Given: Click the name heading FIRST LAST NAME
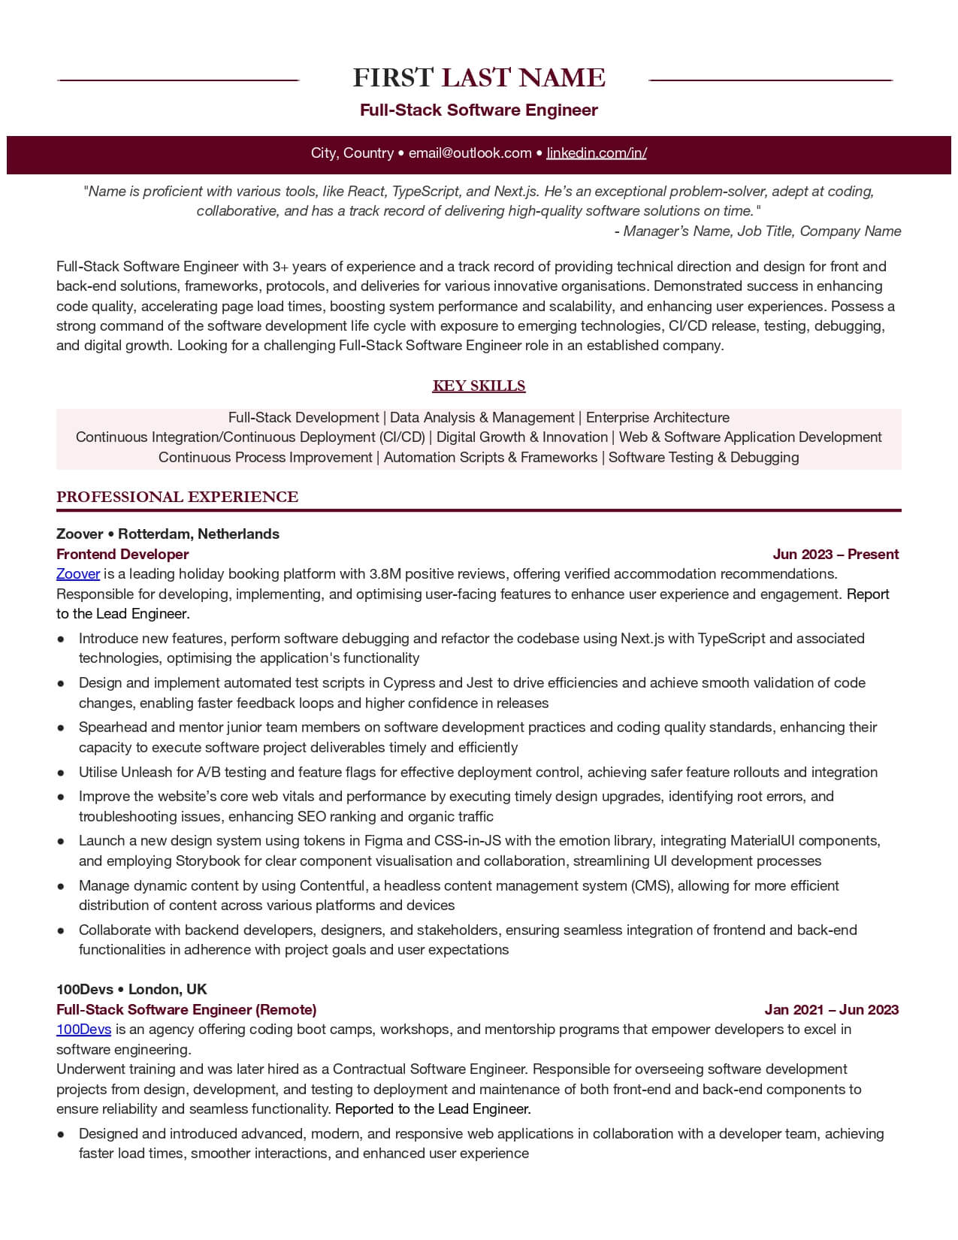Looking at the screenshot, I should [479, 77].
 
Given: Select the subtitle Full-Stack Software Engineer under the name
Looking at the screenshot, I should [479, 110].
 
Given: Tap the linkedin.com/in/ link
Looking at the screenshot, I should [597, 153].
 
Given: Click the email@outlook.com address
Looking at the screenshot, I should [470, 153].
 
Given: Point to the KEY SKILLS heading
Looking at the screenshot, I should [479, 386].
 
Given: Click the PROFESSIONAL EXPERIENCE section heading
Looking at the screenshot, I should [177, 497].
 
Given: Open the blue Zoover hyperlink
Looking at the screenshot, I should [78, 574].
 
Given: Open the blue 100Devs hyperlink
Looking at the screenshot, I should [83, 1030].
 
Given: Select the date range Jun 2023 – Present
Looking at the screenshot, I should [836, 555].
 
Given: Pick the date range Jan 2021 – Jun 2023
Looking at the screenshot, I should [832, 1010].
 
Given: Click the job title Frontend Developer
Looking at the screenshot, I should [122, 555].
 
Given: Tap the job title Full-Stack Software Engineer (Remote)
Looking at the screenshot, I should [186, 1010].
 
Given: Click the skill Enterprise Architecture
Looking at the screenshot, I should [657, 418].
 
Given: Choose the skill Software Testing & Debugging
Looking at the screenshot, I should [703, 458].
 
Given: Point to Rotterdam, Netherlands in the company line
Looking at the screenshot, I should [198, 534].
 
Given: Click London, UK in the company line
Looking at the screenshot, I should [168, 990].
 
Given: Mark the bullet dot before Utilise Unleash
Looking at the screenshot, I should [60, 773].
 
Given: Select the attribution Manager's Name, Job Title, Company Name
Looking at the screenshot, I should [762, 231].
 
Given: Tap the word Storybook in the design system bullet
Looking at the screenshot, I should [205, 861].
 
